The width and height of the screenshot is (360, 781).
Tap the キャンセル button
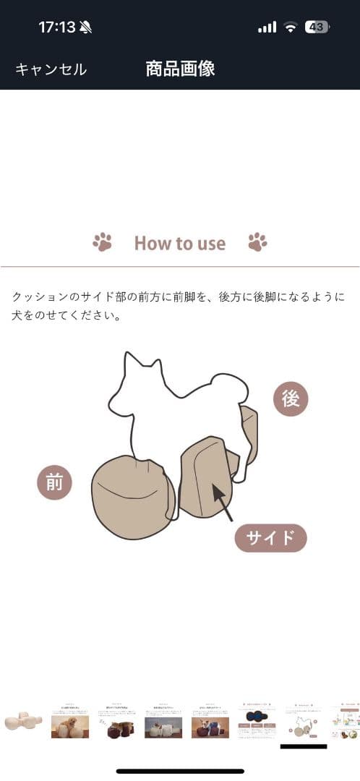click(51, 69)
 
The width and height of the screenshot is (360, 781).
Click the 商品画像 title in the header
click(180, 69)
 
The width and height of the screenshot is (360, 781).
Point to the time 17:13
click(56, 27)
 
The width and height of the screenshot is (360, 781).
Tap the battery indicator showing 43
click(317, 27)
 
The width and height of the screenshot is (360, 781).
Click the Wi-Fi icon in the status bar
click(291, 27)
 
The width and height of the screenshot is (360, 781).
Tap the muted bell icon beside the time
click(86, 27)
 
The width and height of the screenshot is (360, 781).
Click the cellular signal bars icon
click(267, 27)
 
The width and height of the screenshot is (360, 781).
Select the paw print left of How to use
click(102, 242)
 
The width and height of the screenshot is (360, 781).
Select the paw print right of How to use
click(257, 242)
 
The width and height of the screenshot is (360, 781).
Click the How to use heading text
click(180, 243)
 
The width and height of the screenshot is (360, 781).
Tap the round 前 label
click(55, 483)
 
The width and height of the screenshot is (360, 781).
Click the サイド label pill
click(271, 538)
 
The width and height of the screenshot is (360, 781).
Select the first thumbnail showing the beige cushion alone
click(23, 721)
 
